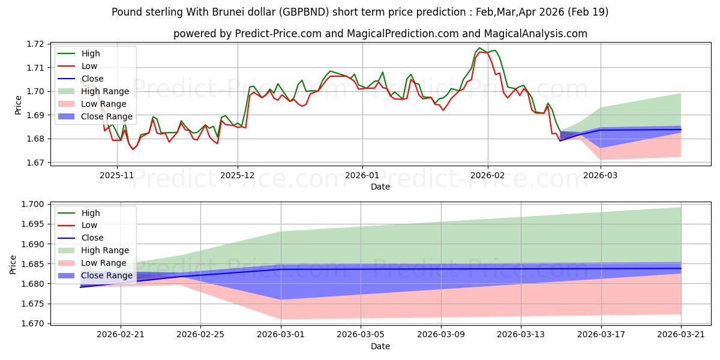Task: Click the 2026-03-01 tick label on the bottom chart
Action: click(x=281, y=334)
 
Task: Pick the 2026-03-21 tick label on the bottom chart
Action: click(x=681, y=334)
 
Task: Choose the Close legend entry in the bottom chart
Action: click(x=92, y=238)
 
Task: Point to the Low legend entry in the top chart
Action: click(x=89, y=66)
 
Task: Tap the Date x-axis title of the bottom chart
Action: click(x=380, y=346)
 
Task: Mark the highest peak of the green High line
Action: click(x=479, y=48)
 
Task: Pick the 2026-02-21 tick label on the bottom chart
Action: click(x=121, y=334)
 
